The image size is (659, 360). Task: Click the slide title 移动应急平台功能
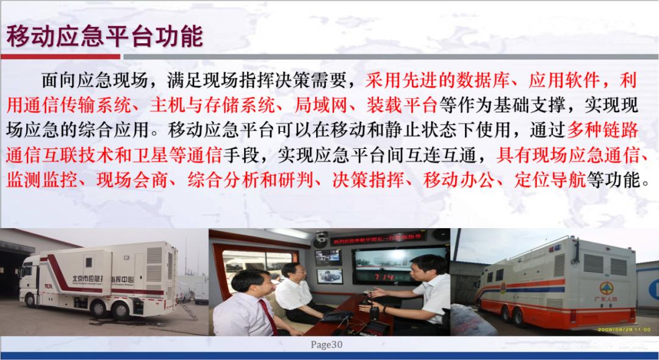click(104, 37)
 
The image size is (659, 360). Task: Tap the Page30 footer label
click(327, 345)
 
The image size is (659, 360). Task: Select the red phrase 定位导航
click(552, 180)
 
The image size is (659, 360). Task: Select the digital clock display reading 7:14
click(383, 278)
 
